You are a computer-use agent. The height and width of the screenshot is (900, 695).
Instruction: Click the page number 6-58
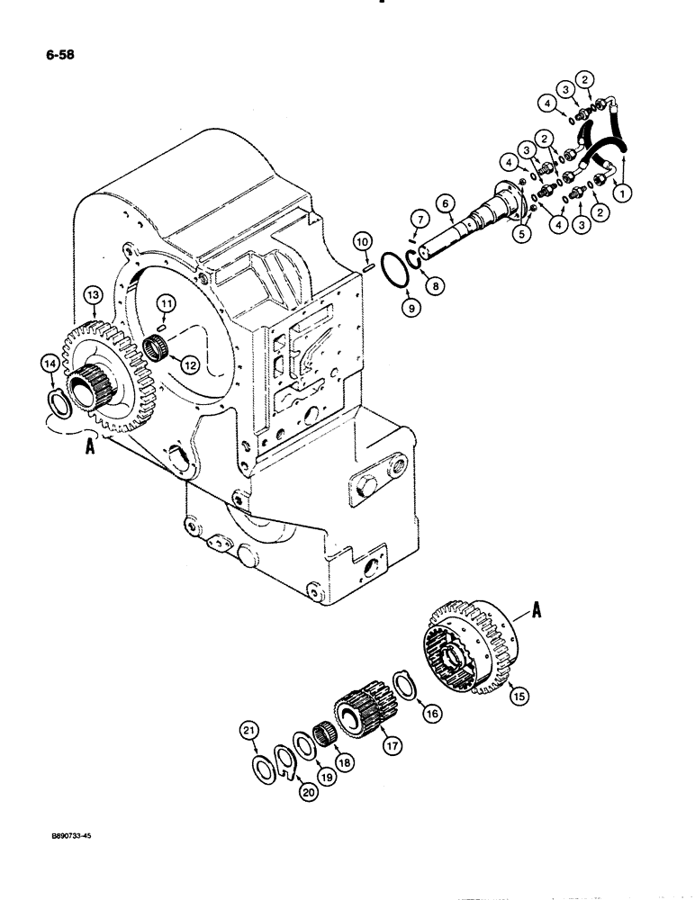(57, 55)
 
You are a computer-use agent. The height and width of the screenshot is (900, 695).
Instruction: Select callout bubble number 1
(619, 191)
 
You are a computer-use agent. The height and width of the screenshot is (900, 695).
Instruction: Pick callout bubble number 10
(360, 241)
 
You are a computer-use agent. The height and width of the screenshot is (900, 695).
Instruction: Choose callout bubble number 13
(92, 293)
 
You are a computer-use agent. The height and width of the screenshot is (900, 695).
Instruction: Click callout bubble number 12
(190, 364)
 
